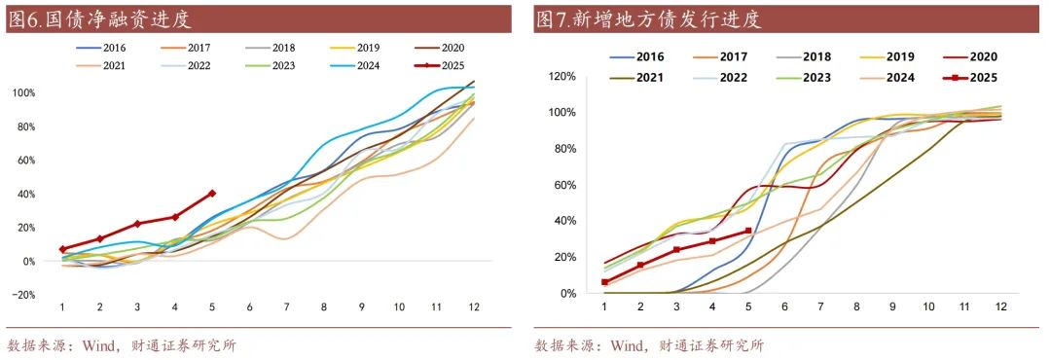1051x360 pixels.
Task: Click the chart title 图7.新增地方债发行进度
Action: point(647,19)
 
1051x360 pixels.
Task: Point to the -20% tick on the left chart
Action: point(23,295)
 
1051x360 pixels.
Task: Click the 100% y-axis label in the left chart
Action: point(23,92)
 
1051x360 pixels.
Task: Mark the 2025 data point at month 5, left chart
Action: point(212,194)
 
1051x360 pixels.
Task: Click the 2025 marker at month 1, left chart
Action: point(62,249)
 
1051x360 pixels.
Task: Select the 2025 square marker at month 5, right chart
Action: point(748,232)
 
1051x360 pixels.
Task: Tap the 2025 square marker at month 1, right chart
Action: point(604,282)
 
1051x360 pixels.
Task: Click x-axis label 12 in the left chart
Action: point(474,306)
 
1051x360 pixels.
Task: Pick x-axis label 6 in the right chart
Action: point(784,306)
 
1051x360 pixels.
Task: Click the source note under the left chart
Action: point(121,344)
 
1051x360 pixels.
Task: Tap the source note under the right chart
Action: point(649,344)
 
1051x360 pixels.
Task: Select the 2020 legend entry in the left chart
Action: point(453,47)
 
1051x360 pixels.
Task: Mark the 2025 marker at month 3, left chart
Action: point(137,224)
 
